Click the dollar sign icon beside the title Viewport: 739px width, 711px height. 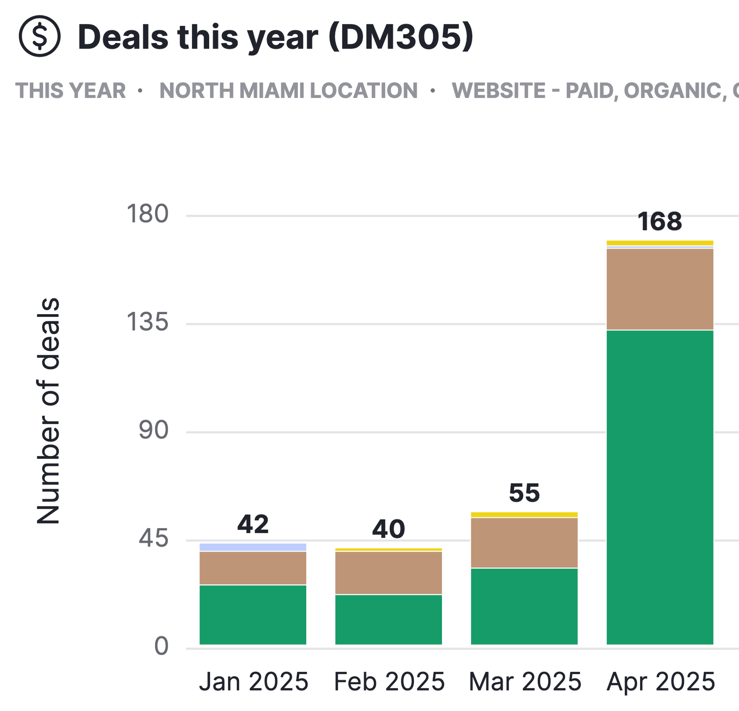[40, 36]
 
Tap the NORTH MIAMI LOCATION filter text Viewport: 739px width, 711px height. [289, 91]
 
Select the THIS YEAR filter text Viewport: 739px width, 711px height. [71, 91]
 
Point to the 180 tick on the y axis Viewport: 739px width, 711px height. [147, 214]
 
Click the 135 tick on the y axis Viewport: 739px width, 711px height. [147, 322]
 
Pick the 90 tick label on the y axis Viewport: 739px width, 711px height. [154, 431]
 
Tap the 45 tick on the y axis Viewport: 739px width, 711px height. [154, 539]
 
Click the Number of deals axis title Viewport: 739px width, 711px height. [48, 411]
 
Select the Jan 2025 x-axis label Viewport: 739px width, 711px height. [254, 681]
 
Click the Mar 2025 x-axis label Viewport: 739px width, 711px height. [525, 681]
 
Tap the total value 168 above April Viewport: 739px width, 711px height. [660, 222]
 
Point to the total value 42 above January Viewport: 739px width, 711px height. [253, 524]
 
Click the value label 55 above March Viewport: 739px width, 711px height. [524, 493]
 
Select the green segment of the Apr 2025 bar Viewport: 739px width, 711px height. [660, 487]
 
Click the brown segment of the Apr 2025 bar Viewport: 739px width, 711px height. [660, 289]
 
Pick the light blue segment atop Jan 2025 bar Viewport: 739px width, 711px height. [253, 547]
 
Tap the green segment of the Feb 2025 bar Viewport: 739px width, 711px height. [388, 620]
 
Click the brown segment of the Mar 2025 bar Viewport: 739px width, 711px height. [524, 543]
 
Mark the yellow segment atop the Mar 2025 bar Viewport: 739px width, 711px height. [524, 515]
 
